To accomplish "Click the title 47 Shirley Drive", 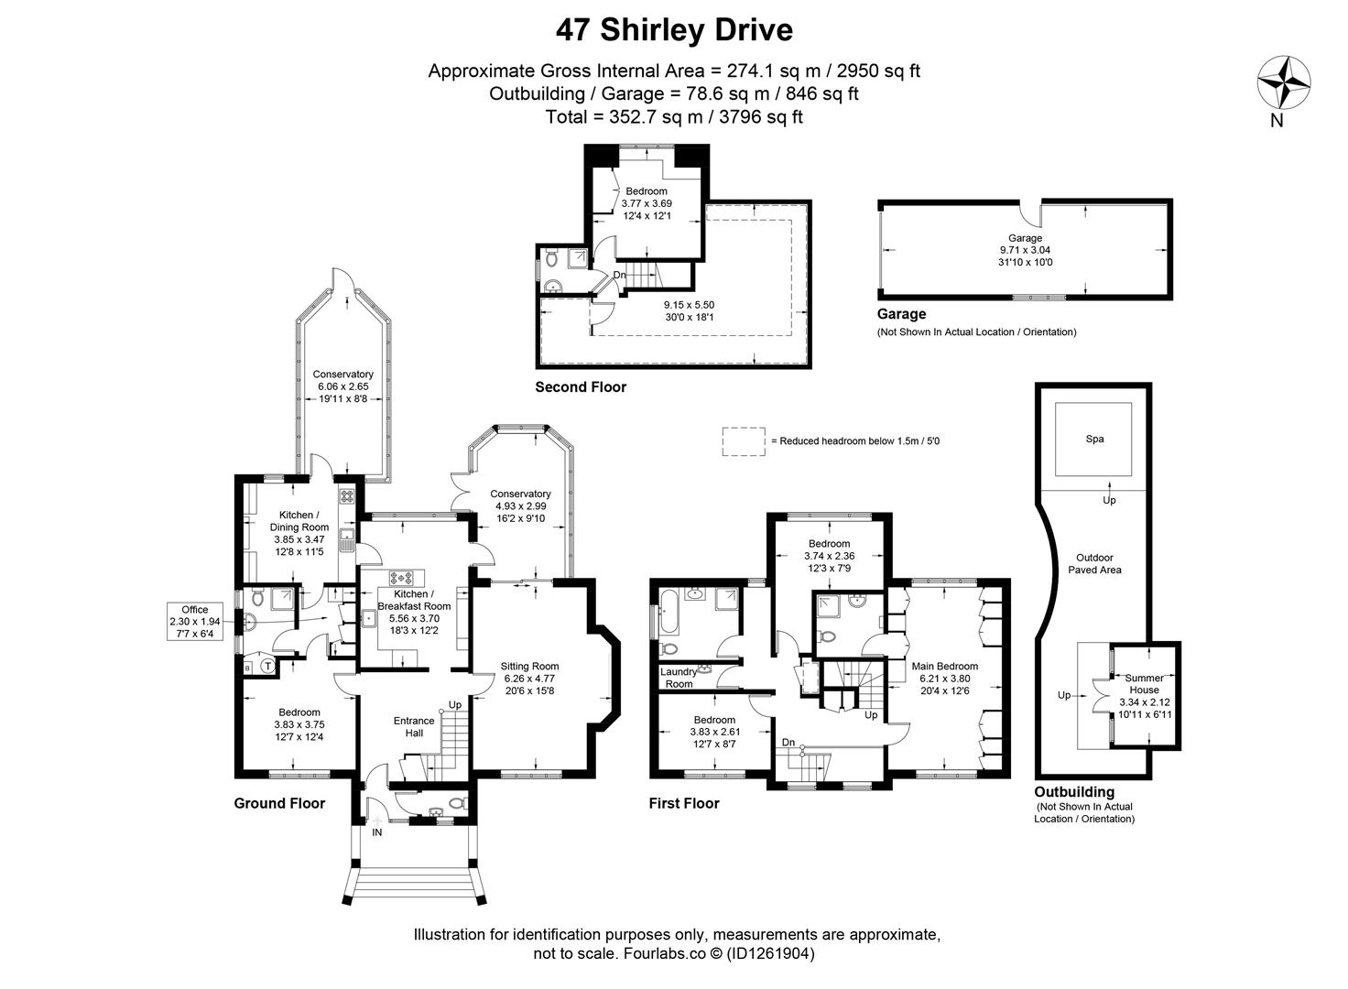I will click(x=674, y=30).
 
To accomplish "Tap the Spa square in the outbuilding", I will click(x=1094, y=439).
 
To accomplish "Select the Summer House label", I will click(x=1144, y=684).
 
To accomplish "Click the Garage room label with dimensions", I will click(x=1025, y=250).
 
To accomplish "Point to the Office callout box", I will click(x=194, y=621).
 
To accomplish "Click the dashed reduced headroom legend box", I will click(x=743, y=440).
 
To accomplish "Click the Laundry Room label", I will click(x=679, y=678).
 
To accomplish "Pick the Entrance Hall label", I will click(x=414, y=726).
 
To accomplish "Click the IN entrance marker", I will click(x=376, y=832).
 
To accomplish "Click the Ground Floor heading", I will click(x=279, y=803).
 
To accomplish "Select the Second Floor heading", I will click(x=581, y=387).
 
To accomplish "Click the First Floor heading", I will click(x=684, y=803).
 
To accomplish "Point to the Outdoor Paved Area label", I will click(x=1094, y=563).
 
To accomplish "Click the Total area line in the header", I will click(x=674, y=116).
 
